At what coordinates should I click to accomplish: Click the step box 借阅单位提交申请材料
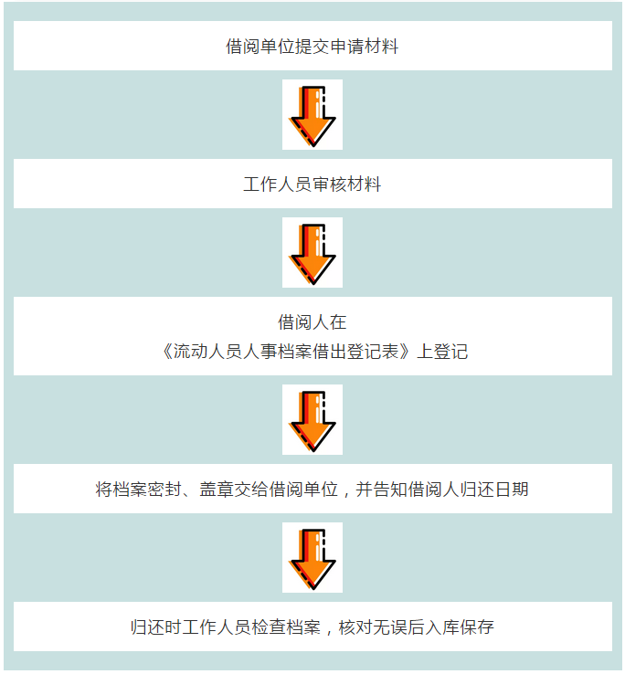[x=312, y=46]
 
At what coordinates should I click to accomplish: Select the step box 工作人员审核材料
[x=312, y=184]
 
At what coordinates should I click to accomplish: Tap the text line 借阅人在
[x=312, y=321]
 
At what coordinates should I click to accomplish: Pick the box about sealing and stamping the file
[x=312, y=489]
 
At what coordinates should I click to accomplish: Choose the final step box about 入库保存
[x=312, y=627]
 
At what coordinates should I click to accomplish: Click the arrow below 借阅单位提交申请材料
[x=312, y=114]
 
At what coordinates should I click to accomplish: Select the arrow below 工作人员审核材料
[x=312, y=252]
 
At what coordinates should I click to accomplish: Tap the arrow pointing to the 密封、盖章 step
[x=312, y=419]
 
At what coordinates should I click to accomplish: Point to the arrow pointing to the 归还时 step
[x=312, y=557]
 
